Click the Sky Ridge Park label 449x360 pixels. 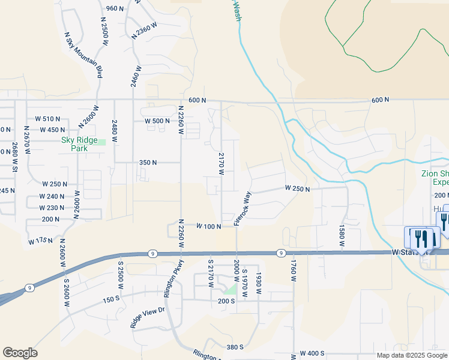79,144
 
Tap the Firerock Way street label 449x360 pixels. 242,208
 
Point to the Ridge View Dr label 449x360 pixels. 147,317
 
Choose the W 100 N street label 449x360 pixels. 209,226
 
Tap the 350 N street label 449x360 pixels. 148,163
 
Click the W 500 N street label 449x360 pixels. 157,121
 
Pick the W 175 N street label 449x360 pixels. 40,241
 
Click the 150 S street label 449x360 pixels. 112,299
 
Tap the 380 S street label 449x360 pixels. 235,347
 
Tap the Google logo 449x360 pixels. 20,353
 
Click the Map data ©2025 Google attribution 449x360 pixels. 411,355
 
